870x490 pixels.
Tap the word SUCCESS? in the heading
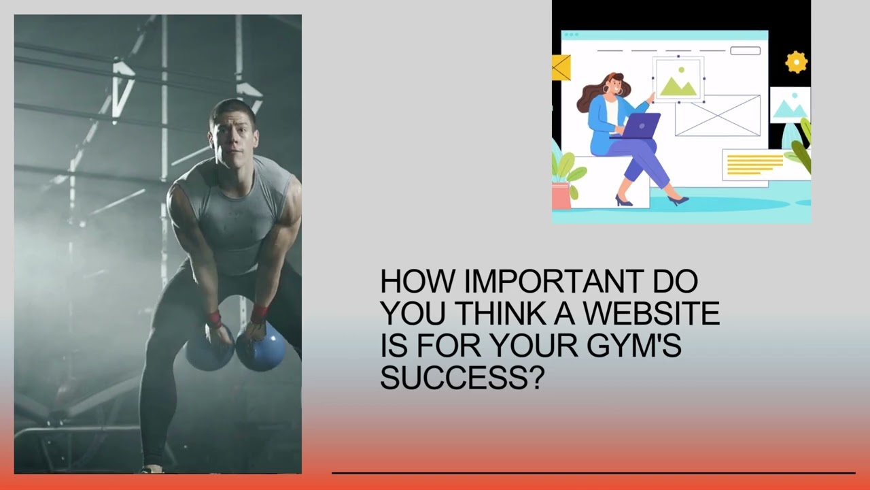[462, 376]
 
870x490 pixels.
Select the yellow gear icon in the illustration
[796, 63]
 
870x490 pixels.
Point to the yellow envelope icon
[561, 68]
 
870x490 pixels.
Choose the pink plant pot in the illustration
[561, 195]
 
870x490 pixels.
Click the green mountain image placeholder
[678, 81]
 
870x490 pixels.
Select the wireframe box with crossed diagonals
[717, 115]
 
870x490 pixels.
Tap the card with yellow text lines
[756, 165]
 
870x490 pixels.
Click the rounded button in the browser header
[745, 50]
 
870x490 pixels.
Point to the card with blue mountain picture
[789, 105]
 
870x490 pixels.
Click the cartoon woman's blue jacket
[602, 122]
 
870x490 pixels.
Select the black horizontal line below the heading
[593, 472]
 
